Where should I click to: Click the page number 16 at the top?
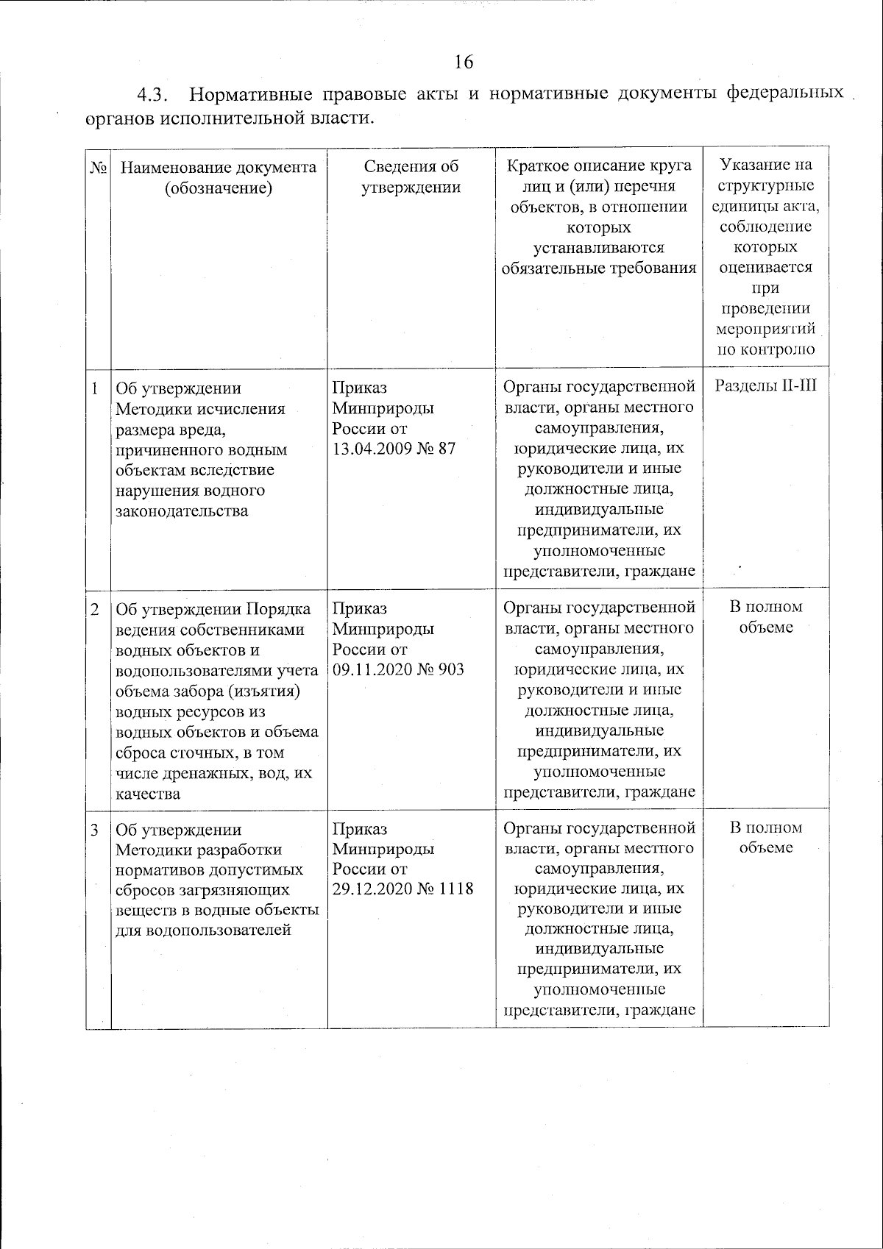464,61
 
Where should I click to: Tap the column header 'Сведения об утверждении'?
411,177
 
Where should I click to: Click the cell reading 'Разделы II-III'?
765,385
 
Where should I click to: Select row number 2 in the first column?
95,608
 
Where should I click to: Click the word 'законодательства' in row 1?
182,511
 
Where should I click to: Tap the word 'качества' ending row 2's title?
148,794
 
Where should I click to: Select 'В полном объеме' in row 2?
765,617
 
